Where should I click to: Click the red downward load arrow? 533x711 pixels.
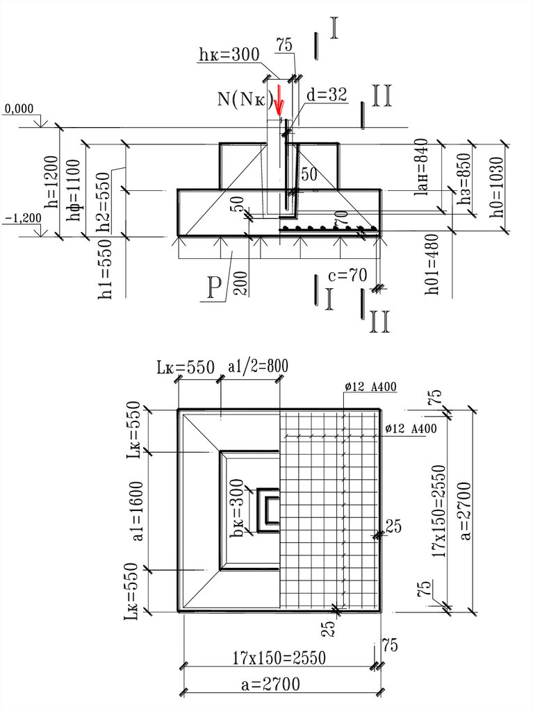pos(279,101)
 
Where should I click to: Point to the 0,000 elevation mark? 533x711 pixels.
pos(19,109)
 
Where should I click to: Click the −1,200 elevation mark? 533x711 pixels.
pos(22,218)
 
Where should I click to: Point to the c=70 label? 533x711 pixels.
pos(347,276)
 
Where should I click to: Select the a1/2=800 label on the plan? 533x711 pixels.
pos(258,365)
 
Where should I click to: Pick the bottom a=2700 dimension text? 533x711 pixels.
pos(270,685)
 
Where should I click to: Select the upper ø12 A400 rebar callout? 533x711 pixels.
pos(370,387)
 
